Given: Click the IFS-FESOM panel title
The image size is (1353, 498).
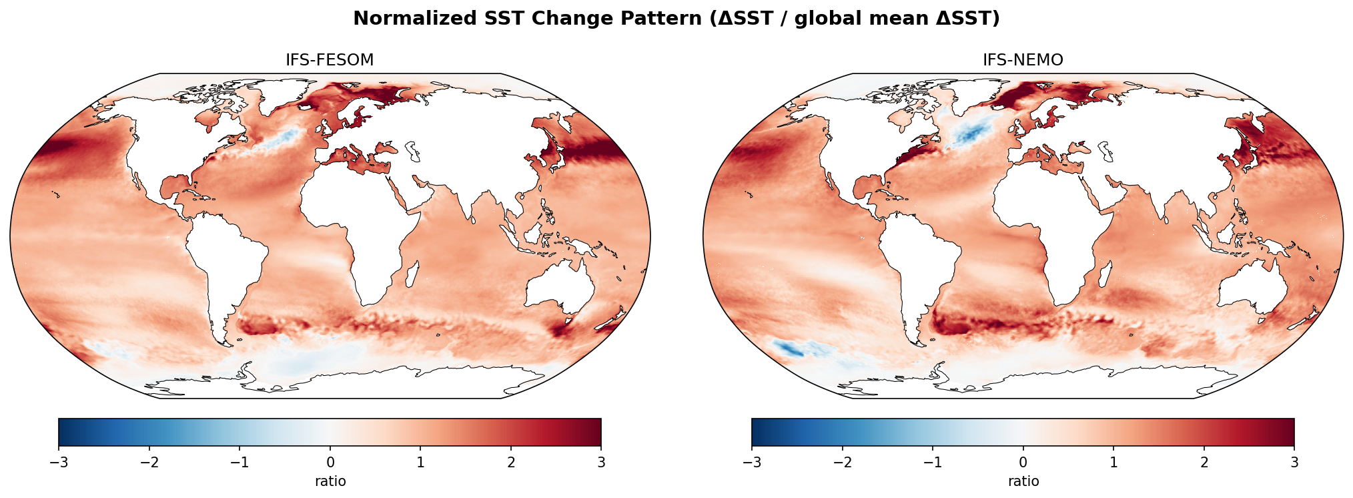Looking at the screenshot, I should pos(330,60).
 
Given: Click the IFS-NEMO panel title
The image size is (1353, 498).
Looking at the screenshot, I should pos(1023,60).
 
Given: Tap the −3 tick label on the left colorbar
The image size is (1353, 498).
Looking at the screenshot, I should pos(59,463).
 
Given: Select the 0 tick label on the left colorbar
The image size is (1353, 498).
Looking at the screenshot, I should pos(330,463).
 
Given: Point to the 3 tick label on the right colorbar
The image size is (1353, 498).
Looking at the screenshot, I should pos(1294,463).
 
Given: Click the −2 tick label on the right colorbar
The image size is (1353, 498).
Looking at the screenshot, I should pos(842,463).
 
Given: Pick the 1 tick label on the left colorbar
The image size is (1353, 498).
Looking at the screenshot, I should pos(420,463).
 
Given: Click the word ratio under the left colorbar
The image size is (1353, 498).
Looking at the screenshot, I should pos(330,481).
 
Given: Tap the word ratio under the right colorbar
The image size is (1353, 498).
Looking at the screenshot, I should pos(1023,481).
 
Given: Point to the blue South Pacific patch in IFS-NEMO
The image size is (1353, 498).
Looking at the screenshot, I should pos(791,348).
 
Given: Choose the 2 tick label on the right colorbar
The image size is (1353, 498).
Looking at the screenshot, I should pos(1204,463).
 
